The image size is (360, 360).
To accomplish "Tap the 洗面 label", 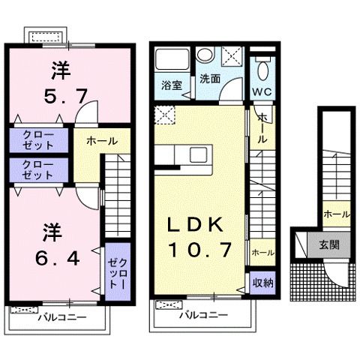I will [209, 78].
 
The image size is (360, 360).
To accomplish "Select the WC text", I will [262, 91].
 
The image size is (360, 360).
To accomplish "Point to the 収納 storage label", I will [261, 283].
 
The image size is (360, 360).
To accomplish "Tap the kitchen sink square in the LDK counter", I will [199, 155].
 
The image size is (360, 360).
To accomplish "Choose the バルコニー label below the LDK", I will [202, 316].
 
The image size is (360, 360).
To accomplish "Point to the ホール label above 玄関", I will [336, 214].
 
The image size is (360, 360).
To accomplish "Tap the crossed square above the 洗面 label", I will [232, 55].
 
